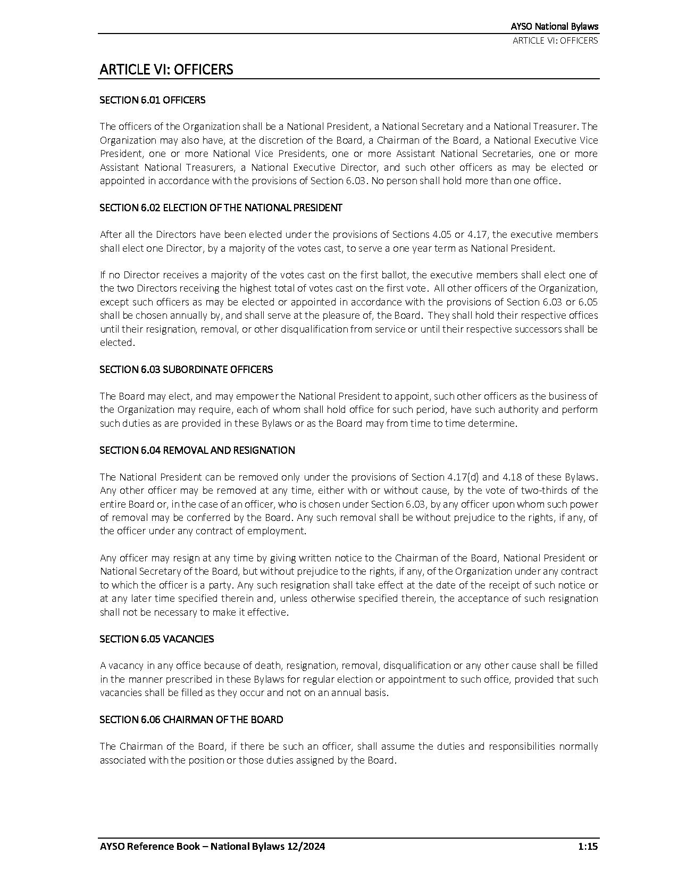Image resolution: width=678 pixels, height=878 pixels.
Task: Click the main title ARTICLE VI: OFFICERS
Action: tap(166, 70)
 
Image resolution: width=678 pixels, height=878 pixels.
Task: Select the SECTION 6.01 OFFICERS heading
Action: tap(152, 100)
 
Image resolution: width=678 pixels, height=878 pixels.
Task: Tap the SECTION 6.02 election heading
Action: tap(221, 208)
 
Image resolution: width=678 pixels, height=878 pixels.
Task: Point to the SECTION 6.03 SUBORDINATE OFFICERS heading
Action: tap(186, 369)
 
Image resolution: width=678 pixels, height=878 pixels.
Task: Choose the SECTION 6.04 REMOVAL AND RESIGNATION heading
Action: tap(197, 450)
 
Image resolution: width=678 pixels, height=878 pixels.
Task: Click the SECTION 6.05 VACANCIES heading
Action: tap(156, 639)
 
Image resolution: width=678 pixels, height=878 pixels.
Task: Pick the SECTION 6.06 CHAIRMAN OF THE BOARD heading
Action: tap(191, 719)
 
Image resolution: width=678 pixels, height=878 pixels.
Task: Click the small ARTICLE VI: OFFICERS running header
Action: tap(555, 40)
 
